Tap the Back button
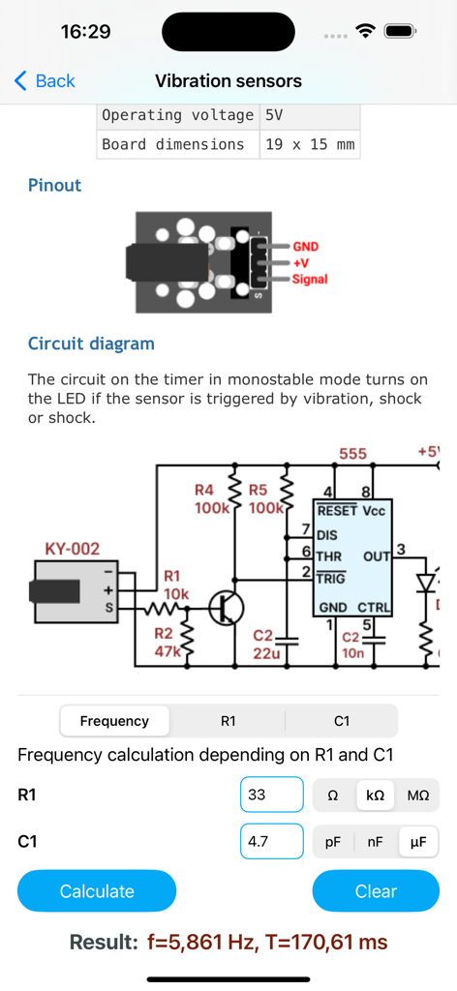pyautogui.click(x=45, y=81)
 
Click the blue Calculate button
pyautogui.click(x=97, y=891)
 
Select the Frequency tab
pyautogui.click(x=114, y=721)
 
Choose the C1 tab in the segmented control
pyautogui.click(x=341, y=721)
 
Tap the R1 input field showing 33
pyautogui.click(x=272, y=795)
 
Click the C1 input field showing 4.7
pyautogui.click(x=272, y=842)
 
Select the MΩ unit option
pyautogui.click(x=418, y=796)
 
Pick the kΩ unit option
pyautogui.click(x=375, y=796)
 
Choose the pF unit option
pyautogui.click(x=332, y=842)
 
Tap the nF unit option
pyautogui.click(x=375, y=842)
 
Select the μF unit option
pyautogui.click(x=418, y=842)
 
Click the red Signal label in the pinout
pyautogui.click(x=310, y=280)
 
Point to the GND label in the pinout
pyautogui.click(x=306, y=247)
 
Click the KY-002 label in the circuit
pyautogui.click(x=73, y=550)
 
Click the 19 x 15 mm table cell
pyautogui.click(x=310, y=144)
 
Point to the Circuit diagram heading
pyautogui.click(x=91, y=344)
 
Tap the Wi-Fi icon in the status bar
pyautogui.click(x=365, y=31)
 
